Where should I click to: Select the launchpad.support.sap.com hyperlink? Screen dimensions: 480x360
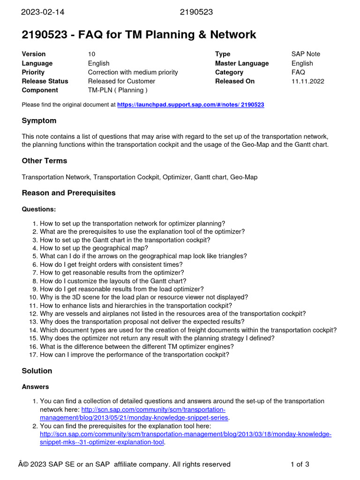190,105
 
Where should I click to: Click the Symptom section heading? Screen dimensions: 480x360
39,121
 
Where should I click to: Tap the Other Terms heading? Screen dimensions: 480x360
44,161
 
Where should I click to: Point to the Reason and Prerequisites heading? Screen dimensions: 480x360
68,193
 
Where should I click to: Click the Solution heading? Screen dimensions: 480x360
37,371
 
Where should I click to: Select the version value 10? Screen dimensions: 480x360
91,54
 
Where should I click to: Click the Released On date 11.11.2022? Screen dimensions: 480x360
307,81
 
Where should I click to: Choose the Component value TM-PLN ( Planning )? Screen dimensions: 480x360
118,90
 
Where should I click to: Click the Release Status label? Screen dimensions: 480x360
45,81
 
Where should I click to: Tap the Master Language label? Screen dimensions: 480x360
242,63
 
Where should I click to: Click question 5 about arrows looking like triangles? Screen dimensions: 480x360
143,256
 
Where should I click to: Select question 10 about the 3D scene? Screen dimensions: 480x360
144,297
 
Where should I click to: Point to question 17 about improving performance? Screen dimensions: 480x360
135,355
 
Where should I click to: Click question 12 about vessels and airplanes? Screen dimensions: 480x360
172,314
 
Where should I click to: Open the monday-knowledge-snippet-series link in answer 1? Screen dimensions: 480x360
134,417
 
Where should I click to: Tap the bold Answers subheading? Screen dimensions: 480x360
35,387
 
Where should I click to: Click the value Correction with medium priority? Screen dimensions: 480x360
133,72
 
